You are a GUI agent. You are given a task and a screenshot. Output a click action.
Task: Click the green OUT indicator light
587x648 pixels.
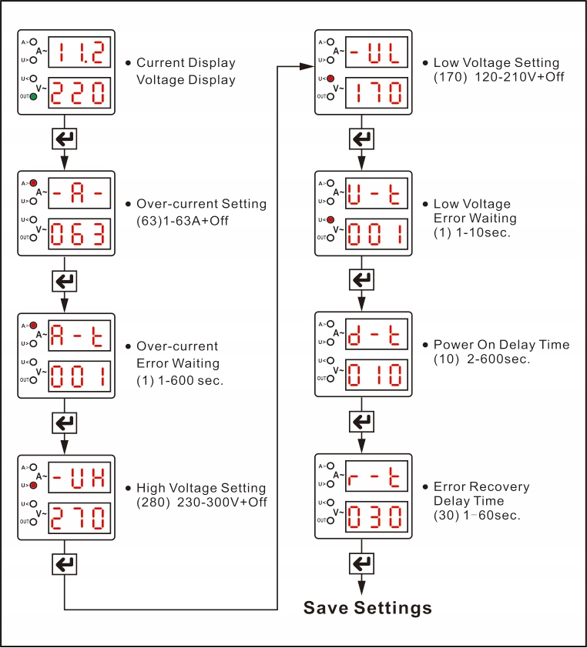(x=33, y=97)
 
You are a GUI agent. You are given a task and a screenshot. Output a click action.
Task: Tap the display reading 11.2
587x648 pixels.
(x=79, y=52)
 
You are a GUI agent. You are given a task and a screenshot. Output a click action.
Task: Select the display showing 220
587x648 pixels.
(x=79, y=92)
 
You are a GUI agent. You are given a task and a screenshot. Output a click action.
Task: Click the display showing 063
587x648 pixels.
(x=79, y=234)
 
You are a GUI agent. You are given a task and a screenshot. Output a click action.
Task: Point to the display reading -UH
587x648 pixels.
(x=79, y=477)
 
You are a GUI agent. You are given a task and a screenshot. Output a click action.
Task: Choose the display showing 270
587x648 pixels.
(x=79, y=518)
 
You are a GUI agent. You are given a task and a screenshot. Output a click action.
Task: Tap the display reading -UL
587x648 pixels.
(x=377, y=52)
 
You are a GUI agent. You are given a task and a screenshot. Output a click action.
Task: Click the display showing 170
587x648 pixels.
(x=377, y=92)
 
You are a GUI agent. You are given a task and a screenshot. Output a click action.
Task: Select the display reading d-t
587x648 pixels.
(x=377, y=334)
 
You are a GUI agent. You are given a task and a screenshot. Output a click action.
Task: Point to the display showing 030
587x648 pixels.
(x=377, y=517)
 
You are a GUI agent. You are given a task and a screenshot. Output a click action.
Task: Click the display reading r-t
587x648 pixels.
(x=377, y=476)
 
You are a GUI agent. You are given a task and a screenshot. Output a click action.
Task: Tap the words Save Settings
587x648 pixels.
(x=367, y=608)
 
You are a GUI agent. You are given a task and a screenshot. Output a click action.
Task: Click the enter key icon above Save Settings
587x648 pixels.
(x=361, y=563)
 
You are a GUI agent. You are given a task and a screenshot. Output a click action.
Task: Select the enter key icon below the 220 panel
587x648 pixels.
(x=65, y=139)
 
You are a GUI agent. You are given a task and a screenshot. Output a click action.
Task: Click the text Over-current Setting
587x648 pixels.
(x=202, y=204)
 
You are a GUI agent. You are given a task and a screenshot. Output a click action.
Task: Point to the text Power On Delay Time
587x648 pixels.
(x=501, y=345)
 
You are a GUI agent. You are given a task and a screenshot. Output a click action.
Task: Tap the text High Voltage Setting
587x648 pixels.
(x=201, y=488)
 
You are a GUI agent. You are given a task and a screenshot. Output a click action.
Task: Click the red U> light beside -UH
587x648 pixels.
(x=33, y=485)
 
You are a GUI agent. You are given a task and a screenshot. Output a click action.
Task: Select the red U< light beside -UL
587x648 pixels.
(x=330, y=78)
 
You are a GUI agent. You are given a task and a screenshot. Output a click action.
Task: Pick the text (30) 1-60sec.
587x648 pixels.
(x=477, y=516)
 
